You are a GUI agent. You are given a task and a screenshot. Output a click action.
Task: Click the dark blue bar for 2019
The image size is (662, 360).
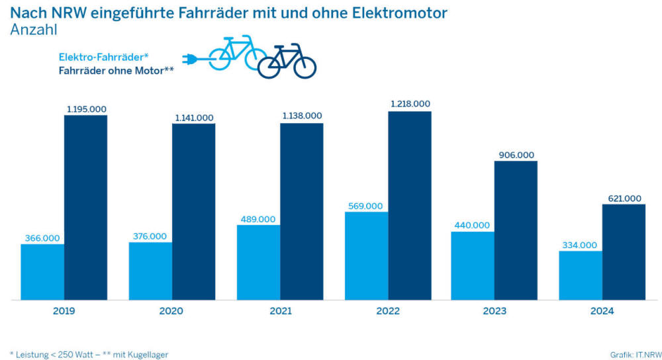pos(85,207)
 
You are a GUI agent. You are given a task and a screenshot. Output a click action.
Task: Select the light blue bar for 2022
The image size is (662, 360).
pos(366,255)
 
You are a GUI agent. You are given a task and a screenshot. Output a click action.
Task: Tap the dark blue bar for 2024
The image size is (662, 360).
pos(624,251)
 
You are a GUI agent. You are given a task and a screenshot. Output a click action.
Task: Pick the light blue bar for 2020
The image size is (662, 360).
pos(150,271)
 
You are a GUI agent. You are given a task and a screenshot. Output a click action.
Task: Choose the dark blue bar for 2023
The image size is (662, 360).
pos(516,230)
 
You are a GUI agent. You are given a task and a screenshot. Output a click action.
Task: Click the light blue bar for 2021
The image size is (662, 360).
pos(258,262)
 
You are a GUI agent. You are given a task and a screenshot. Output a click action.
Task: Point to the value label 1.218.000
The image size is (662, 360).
pos(410,104)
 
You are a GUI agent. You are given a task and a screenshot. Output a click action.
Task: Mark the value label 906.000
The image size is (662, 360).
pos(516,154)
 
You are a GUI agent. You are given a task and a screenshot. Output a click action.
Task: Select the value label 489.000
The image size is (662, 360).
pos(258,218)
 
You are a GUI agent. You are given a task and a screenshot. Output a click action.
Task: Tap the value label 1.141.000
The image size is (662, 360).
pos(193,117)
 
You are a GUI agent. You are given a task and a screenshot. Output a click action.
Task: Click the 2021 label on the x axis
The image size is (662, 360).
pos(279,311)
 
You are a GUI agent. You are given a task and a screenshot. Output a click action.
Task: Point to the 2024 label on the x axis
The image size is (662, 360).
pos(602,311)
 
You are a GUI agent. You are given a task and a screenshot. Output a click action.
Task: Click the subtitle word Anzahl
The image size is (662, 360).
pos(34,29)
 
